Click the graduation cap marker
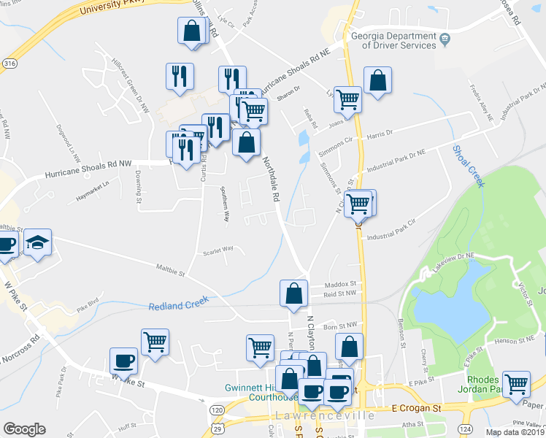point(37,243)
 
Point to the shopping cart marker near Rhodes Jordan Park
point(517,383)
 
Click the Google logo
point(24,429)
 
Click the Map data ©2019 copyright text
point(514,432)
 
